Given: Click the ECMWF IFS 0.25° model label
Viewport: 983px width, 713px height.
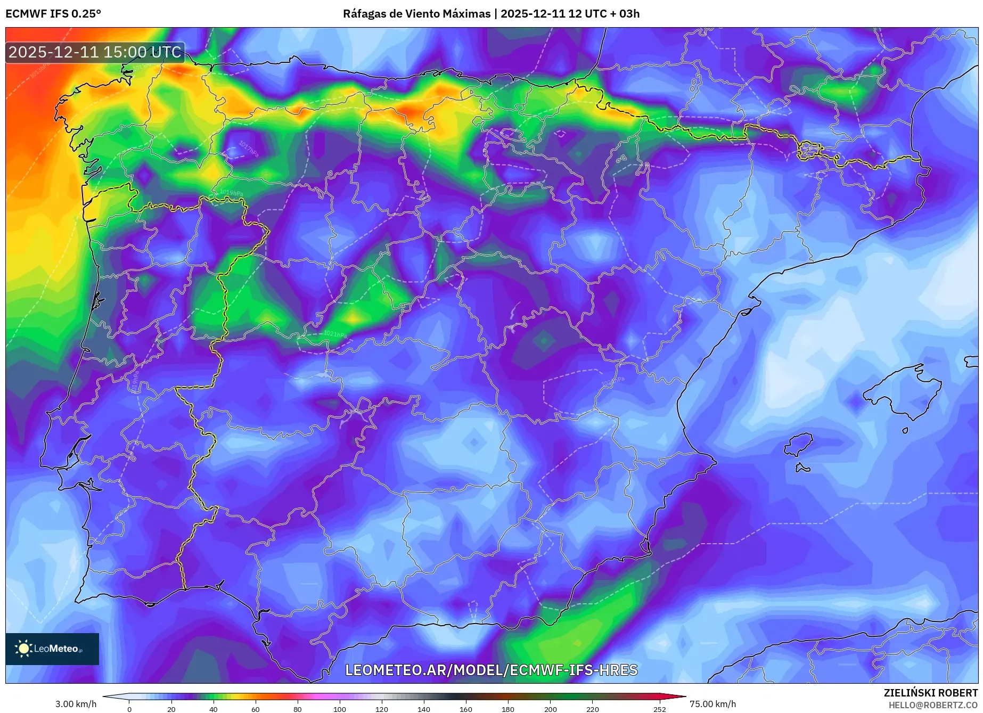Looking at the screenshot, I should coord(53,14).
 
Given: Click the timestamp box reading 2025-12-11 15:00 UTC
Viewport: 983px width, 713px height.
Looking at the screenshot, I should coord(95,52).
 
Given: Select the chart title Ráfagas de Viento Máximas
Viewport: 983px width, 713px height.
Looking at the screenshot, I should coord(416,14).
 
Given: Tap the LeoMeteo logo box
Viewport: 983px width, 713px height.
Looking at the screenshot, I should coord(52,649).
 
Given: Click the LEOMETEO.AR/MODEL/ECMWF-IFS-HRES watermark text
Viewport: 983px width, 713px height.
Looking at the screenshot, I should coord(491,670).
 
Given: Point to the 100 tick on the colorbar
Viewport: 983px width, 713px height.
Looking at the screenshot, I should coord(339,709).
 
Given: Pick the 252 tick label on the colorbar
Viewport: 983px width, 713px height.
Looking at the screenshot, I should coord(659,709).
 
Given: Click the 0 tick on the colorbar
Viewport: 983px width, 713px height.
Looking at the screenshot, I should coord(129,709).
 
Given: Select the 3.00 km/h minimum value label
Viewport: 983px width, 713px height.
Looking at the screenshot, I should coord(76,704).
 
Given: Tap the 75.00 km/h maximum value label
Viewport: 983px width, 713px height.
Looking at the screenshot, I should coord(712,704).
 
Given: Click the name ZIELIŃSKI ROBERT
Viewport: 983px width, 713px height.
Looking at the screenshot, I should coord(930,693).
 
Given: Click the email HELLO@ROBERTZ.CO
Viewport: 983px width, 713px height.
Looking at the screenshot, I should coord(933,705).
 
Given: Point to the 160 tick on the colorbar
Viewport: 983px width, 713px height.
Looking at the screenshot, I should coord(465,709).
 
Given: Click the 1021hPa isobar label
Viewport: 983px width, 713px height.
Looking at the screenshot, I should coord(335,334).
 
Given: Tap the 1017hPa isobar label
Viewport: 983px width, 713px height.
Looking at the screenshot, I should coord(248,149).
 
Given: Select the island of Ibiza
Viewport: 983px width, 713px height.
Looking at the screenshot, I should coord(799,444).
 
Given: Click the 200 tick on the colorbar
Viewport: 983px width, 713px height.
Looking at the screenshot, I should coord(550,709).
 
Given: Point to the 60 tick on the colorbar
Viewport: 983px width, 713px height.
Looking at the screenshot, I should coord(255,709).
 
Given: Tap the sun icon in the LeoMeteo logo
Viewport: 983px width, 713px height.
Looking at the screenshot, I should coord(23,648).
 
